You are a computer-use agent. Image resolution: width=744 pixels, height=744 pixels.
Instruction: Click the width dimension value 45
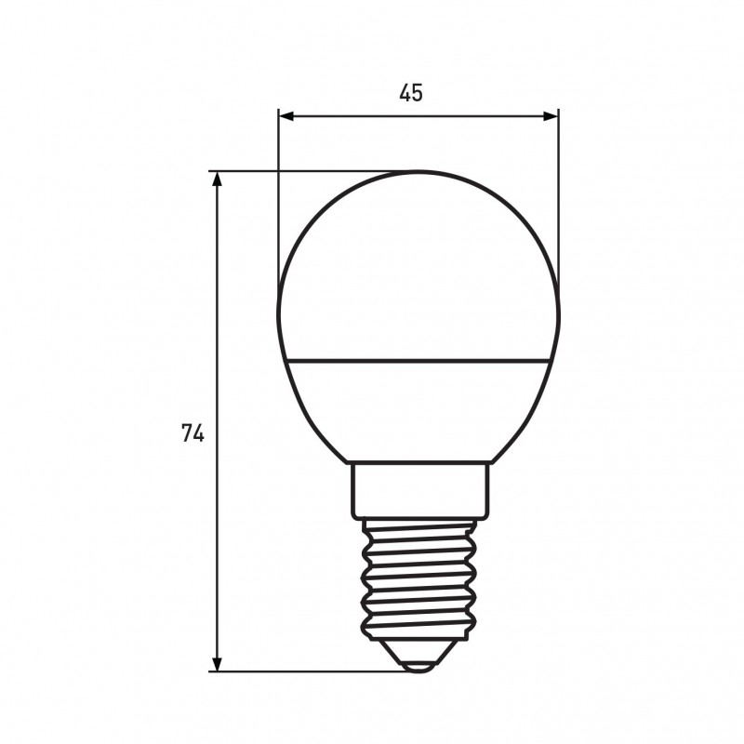(x=410, y=93)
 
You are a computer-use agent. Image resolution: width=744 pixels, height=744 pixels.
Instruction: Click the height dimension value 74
(x=193, y=433)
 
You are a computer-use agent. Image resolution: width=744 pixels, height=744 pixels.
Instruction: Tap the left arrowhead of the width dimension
(x=286, y=115)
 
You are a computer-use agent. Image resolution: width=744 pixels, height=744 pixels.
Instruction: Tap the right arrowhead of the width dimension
(x=551, y=115)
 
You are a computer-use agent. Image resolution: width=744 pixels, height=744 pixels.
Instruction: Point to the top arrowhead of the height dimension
(x=217, y=179)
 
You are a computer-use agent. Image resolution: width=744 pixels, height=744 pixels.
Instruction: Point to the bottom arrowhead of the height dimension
(x=217, y=664)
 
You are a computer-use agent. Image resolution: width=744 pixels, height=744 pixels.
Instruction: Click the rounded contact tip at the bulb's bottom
(x=418, y=667)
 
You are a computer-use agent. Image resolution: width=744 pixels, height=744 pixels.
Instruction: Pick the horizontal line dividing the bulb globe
(x=418, y=361)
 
